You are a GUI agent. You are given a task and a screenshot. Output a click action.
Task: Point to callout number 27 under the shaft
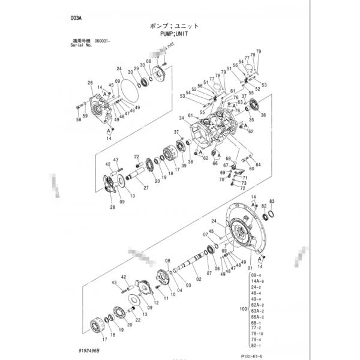(x=146, y=188)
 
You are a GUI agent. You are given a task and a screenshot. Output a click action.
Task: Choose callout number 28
(x=112, y=208)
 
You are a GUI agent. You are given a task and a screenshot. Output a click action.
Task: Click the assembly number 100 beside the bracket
(x=242, y=308)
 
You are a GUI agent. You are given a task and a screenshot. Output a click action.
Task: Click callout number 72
(x=242, y=188)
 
